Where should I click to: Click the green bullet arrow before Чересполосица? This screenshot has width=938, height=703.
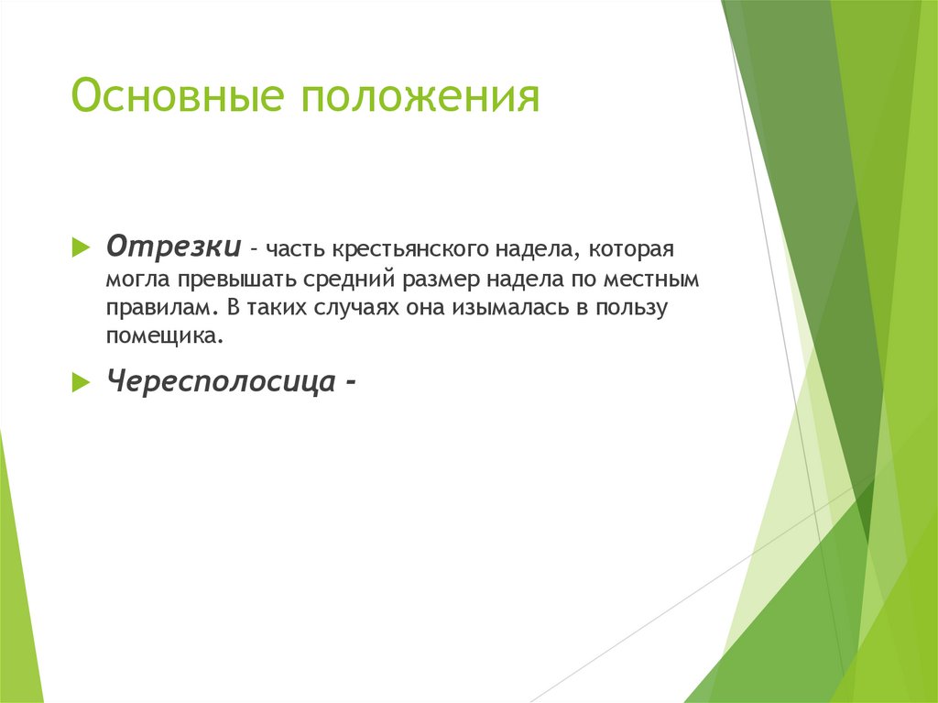click(81, 380)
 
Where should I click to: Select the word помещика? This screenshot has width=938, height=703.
click(163, 337)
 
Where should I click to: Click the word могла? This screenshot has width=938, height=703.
click(134, 279)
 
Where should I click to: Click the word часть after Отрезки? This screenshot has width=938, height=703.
click(292, 249)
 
